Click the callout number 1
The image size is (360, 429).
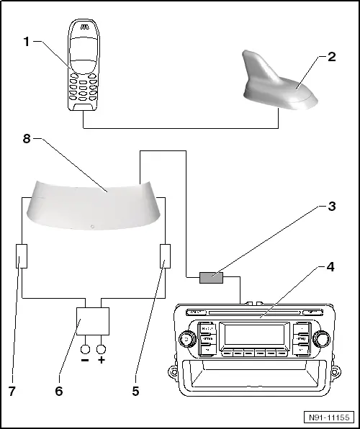(x=27, y=41)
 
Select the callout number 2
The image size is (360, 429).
(x=331, y=57)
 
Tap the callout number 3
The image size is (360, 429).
(x=331, y=206)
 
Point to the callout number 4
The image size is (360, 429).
(x=330, y=267)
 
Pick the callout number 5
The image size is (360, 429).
(x=135, y=392)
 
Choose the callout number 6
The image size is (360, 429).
(x=58, y=392)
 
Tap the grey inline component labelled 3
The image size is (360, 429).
(x=211, y=277)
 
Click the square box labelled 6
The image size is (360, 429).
(x=93, y=318)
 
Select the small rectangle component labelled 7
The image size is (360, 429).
(x=21, y=256)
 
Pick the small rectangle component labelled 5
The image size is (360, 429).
(x=165, y=256)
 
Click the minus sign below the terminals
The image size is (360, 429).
(x=85, y=360)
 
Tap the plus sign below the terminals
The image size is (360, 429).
(x=102, y=360)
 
